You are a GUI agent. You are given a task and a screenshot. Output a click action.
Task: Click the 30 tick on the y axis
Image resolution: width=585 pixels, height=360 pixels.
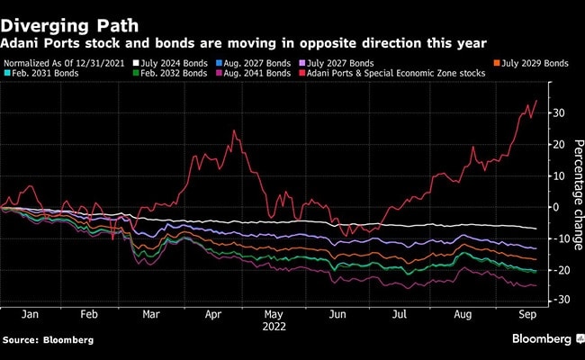coord(560,112)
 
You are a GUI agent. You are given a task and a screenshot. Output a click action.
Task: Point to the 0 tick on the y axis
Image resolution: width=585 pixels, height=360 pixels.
coord(556,207)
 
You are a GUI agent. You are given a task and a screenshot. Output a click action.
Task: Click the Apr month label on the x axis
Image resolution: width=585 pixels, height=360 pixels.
coord(212,315)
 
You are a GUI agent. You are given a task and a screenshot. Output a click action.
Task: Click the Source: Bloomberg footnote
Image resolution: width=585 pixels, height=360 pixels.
coord(40,342)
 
